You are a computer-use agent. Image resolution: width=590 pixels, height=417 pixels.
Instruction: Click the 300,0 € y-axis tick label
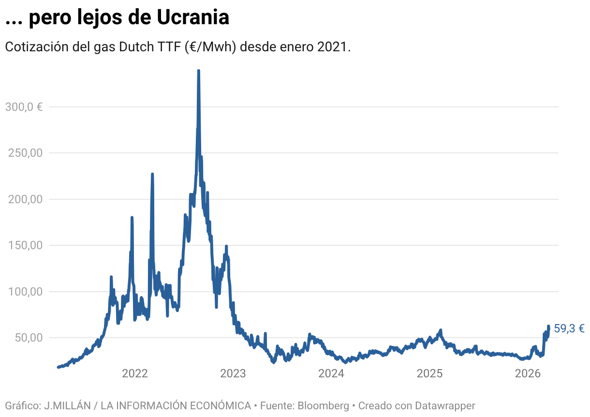(x=24, y=107)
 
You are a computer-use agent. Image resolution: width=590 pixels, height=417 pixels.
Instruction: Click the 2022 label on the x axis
(x=134, y=373)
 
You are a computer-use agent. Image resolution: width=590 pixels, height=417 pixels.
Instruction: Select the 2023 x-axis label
(x=233, y=373)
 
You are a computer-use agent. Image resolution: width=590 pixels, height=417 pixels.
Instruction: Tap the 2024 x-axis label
(x=331, y=373)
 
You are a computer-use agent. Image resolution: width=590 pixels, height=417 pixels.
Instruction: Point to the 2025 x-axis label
(x=430, y=373)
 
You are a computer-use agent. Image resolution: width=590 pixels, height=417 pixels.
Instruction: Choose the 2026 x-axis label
(x=528, y=373)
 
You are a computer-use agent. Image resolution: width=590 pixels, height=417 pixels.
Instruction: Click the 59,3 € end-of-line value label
(x=569, y=329)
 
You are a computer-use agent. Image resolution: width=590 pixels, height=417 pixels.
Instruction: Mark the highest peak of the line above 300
(x=199, y=71)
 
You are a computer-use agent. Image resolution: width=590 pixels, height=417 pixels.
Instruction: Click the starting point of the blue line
(x=58, y=367)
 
